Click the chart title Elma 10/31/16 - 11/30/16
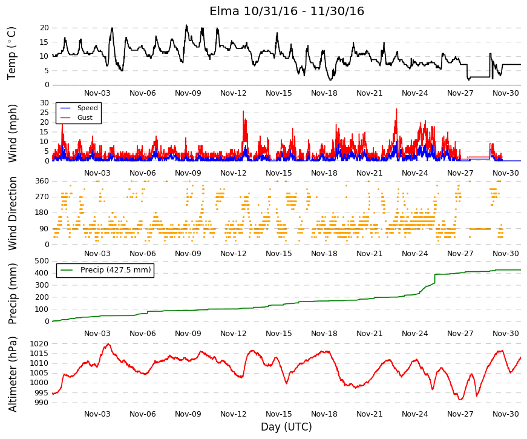pyautogui.click(x=287, y=11)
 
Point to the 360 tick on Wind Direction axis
pyautogui.click(x=42, y=181)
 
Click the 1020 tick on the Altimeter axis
pyautogui.click(x=39, y=344)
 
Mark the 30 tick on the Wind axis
pyautogui.click(x=44, y=102)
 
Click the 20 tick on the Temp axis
pyautogui.click(x=44, y=28)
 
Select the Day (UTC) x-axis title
pyautogui.click(x=286, y=427)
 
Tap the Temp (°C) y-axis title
pyautogui.click(x=11, y=53)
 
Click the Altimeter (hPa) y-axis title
pyautogui.click(x=12, y=374)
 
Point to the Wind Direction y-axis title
pyautogui.click(x=13, y=214)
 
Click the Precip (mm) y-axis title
pyautogui.click(x=12, y=294)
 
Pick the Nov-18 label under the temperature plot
pyautogui.click(x=324, y=93)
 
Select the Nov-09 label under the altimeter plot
pyautogui.click(x=188, y=414)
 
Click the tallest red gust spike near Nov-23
pyautogui.click(x=396, y=110)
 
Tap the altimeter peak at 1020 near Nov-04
pyautogui.click(x=108, y=344)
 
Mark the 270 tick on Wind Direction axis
pyautogui.click(x=42, y=197)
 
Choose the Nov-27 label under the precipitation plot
pyautogui.click(x=460, y=334)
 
